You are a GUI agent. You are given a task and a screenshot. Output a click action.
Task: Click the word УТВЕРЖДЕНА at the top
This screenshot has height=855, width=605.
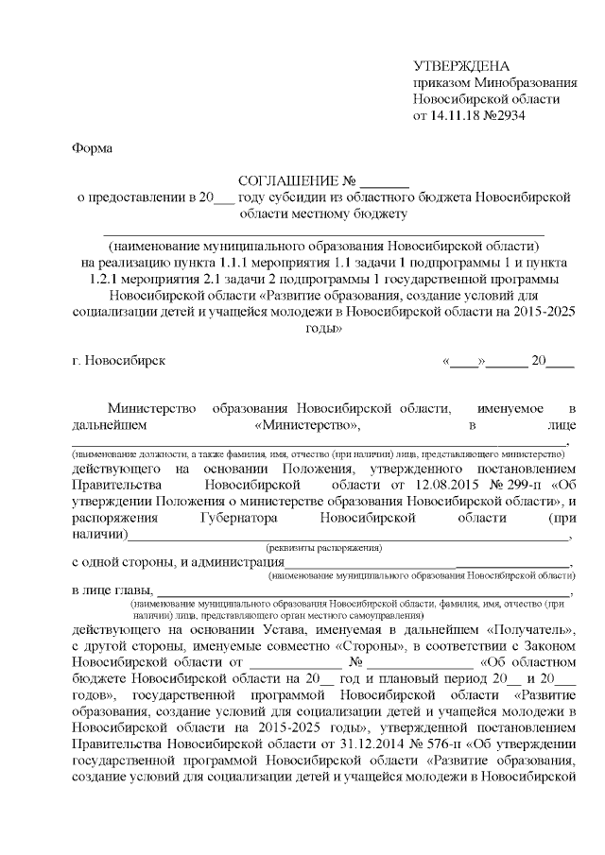[x=461, y=65]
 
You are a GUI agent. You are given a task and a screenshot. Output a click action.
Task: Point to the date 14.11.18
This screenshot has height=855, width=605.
[x=453, y=116]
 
